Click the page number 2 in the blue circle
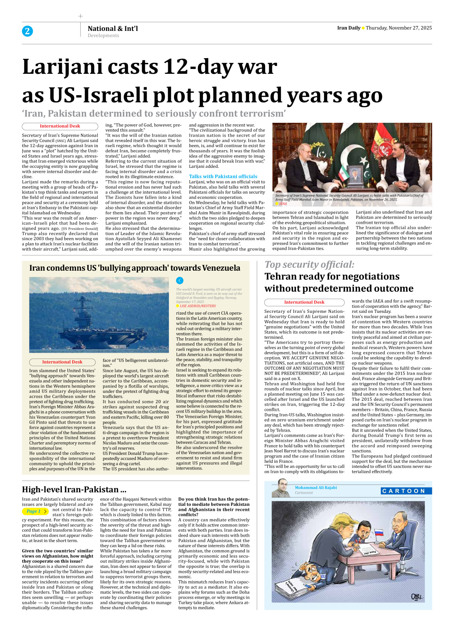(27, 31)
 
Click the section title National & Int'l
(113, 28)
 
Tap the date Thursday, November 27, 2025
(398, 28)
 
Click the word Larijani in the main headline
(62, 67)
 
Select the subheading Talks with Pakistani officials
(223, 176)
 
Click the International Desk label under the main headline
(60, 126)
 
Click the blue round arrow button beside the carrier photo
(179, 280)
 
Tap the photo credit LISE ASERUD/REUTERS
(198, 306)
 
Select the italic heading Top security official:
(309, 264)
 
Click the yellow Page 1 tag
(35, 511)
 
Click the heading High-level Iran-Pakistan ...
(74, 489)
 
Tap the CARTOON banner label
(406, 491)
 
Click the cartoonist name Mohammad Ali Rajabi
(316, 488)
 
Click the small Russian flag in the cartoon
(379, 533)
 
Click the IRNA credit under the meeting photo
(283, 204)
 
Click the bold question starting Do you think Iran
(214, 504)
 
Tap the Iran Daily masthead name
(348, 28)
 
